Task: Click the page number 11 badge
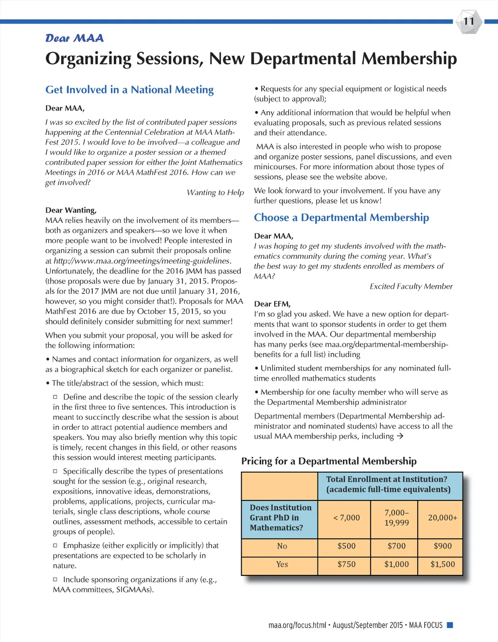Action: click(x=468, y=21)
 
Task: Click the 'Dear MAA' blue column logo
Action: click(x=74, y=38)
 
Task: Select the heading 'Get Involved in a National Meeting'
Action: click(x=129, y=90)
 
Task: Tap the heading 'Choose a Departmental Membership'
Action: click(x=341, y=218)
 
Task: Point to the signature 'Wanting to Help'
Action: click(x=215, y=193)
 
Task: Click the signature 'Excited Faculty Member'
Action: click(x=411, y=286)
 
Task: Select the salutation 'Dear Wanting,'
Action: click(x=71, y=210)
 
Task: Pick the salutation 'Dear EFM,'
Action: click(x=272, y=304)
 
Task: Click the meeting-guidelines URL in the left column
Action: click(x=142, y=261)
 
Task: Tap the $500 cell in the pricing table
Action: click(x=346, y=546)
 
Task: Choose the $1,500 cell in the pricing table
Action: click(x=443, y=565)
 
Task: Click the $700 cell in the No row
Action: click(x=396, y=546)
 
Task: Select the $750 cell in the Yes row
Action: click(x=346, y=565)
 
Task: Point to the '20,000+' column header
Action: click(x=443, y=518)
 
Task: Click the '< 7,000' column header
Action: click(x=346, y=518)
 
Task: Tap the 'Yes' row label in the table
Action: click(x=282, y=565)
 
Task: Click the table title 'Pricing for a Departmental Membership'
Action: click(x=329, y=461)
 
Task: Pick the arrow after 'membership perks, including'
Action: click(x=400, y=436)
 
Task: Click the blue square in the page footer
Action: click(x=450, y=625)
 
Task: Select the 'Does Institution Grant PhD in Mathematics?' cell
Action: click(x=281, y=518)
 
